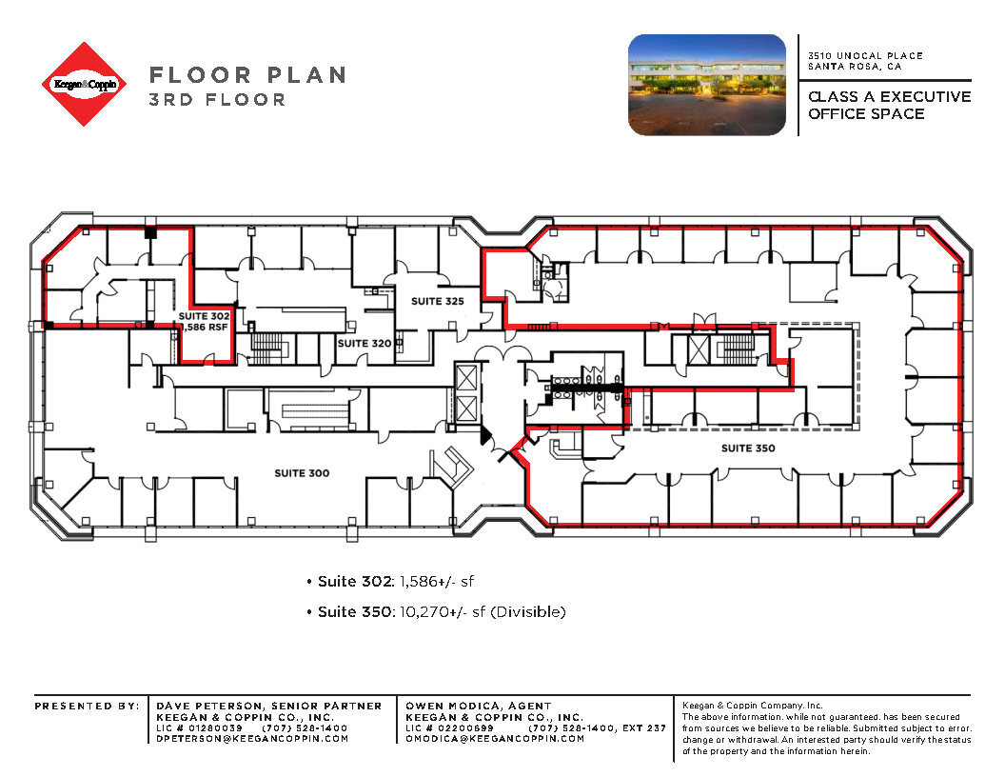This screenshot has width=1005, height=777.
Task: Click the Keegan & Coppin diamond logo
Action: coord(85,84)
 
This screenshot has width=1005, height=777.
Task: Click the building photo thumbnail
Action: coord(706,85)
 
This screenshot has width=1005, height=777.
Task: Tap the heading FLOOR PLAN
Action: coord(247,75)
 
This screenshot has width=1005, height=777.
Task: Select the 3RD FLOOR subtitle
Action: coord(217,99)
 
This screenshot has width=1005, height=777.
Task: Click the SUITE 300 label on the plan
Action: coord(302,473)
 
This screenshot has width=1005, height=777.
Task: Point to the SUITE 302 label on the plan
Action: coord(205,314)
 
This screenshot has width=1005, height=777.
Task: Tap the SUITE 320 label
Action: coord(365,343)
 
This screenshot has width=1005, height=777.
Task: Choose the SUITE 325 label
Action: coord(437,301)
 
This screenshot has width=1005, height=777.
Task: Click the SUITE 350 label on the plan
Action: coord(747,448)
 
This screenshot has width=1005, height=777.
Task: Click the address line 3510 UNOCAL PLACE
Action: coord(865,56)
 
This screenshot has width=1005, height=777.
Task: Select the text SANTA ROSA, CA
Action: coord(855,67)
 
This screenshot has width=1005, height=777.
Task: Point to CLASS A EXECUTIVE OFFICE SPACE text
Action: coord(889,105)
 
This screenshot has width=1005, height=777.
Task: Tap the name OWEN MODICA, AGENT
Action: coord(478,706)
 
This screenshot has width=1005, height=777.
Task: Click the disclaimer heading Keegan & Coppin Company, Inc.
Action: coord(745,706)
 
